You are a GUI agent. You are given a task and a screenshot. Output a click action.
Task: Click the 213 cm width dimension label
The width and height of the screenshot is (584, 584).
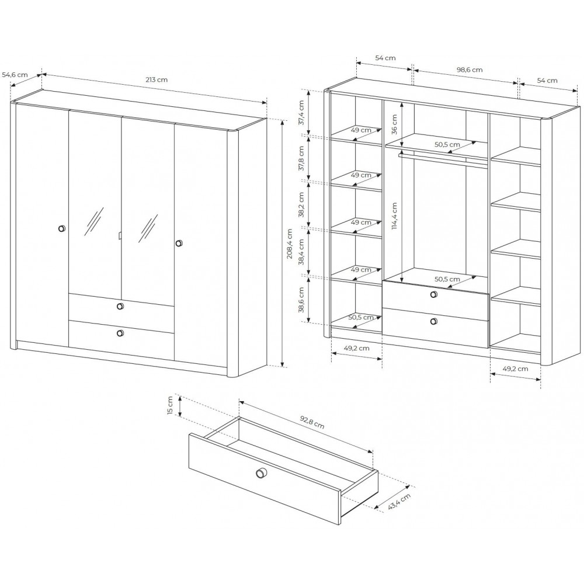tap(157, 79)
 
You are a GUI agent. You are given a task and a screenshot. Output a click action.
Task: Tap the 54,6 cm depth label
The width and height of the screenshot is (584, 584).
tap(15, 75)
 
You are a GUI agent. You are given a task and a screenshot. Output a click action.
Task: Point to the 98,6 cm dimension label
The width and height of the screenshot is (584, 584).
tap(470, 69)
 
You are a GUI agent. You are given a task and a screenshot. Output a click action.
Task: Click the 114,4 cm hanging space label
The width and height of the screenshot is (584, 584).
tap(394, 216)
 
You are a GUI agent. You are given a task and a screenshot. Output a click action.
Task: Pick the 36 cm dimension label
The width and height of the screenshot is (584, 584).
tap(394, 124)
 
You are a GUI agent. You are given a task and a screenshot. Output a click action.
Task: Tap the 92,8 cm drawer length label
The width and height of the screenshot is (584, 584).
tap(312, 423)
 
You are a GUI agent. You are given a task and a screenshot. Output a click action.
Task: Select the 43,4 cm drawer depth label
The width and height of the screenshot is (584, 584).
tap(399, 501)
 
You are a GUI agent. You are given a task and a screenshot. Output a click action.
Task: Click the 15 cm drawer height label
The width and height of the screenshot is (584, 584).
tap(170, 406)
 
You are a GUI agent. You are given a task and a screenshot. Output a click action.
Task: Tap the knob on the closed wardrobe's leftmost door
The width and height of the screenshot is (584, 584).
tap(62, 228)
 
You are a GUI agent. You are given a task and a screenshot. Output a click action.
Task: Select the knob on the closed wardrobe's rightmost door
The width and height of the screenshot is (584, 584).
tap(179, 243)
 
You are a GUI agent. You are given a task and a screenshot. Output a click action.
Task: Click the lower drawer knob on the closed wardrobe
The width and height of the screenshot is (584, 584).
tap(120, 333)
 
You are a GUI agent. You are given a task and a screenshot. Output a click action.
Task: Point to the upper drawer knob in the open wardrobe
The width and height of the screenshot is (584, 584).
tap(433, 294)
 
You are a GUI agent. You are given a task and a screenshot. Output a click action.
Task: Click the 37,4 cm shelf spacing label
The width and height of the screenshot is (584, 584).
tap(301, 112)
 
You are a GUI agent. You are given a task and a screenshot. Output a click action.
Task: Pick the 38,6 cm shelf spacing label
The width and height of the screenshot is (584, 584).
tap(301, 300)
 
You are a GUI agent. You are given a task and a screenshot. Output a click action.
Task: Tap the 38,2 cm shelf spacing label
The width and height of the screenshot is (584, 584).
tap(301, 204)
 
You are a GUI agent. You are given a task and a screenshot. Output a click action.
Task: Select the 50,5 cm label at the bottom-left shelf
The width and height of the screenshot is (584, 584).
tap(361, 317)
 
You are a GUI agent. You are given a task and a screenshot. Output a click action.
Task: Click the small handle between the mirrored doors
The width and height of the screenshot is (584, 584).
tap(120, 235)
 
